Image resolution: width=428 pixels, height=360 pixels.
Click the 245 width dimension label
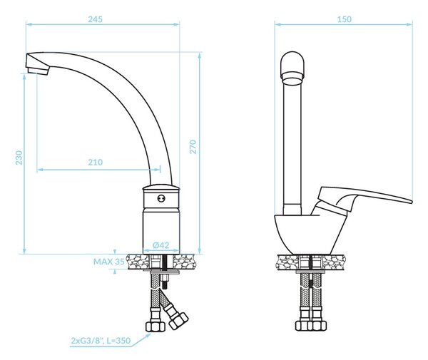click(96, 19)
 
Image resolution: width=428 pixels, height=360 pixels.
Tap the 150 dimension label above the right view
click(345, 19)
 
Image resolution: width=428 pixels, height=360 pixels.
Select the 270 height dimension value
click(193, 147)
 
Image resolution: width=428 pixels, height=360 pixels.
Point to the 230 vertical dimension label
click(19, 158)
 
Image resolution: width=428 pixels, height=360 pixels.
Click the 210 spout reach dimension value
click(96, 163)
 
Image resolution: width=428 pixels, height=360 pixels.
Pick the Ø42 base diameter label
click(161, 245)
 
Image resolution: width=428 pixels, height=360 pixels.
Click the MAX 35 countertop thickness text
click(109, 262)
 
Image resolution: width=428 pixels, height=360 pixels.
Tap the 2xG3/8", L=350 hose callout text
click(101, 341)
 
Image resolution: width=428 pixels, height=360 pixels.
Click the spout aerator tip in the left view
click(39, 71)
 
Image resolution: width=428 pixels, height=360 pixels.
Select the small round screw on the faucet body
click(161, 199)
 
